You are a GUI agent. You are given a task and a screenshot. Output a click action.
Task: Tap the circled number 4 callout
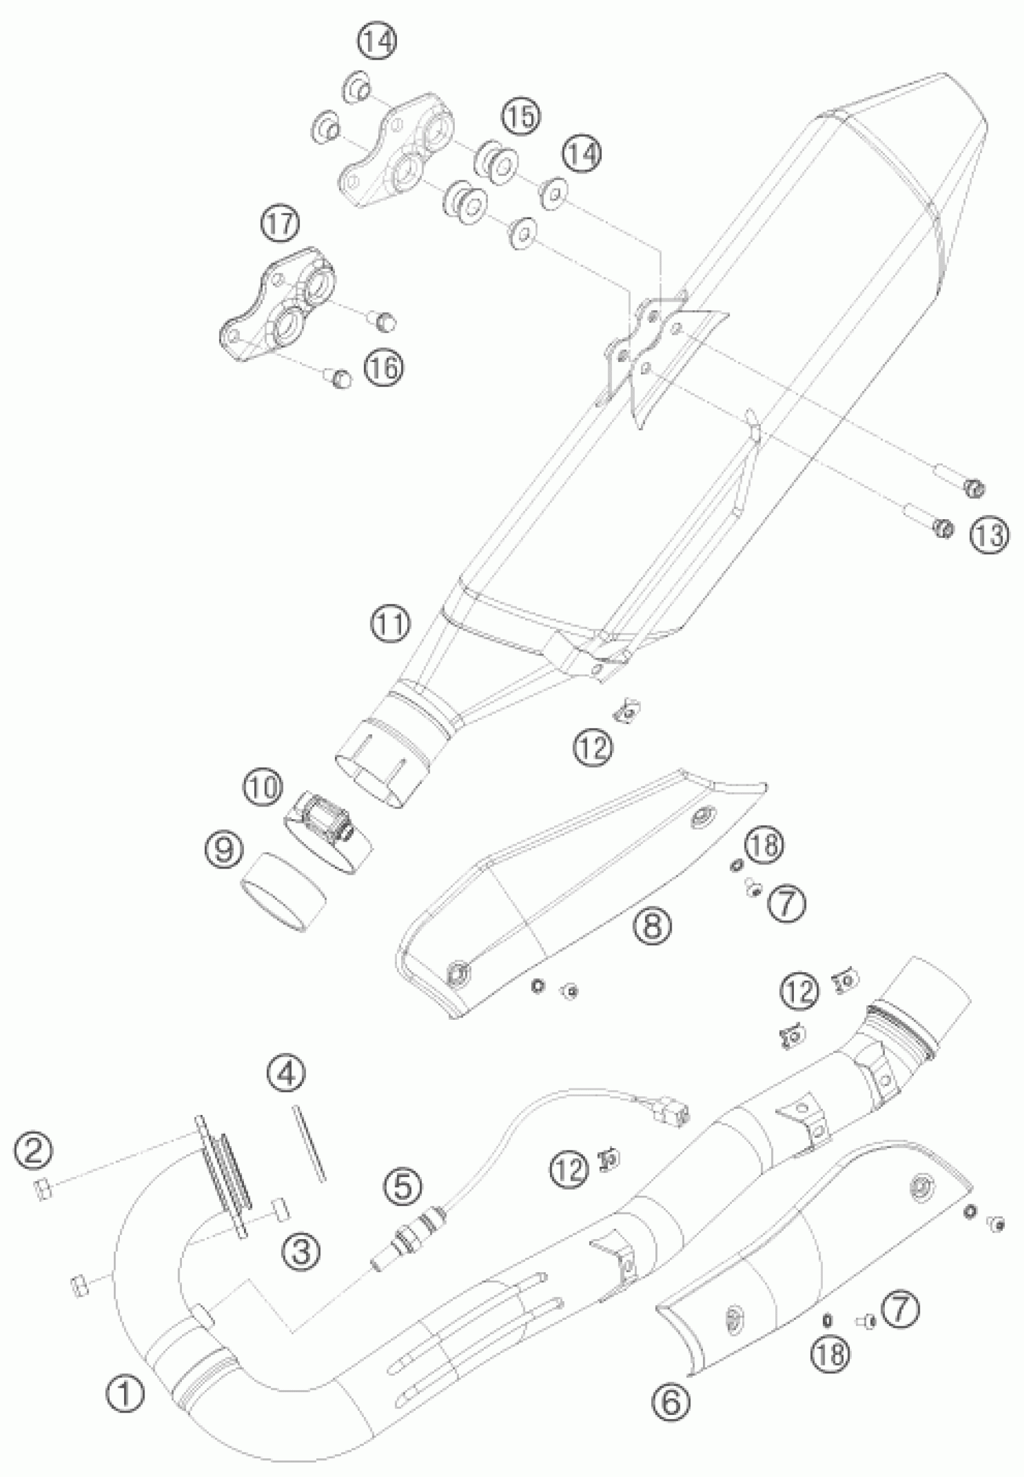286,1073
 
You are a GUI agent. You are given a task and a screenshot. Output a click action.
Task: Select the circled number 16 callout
385,367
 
